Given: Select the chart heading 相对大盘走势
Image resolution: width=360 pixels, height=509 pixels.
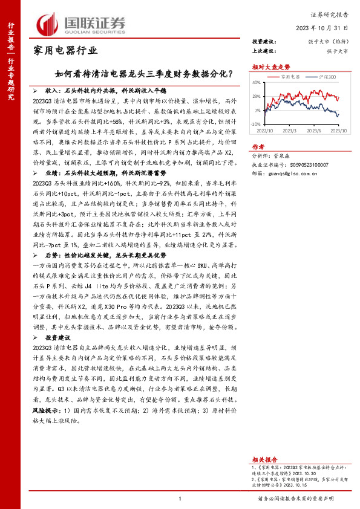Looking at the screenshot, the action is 267,68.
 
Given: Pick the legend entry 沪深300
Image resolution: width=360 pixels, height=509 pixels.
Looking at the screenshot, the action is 327,77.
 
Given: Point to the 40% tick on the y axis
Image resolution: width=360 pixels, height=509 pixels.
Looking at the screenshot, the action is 257,82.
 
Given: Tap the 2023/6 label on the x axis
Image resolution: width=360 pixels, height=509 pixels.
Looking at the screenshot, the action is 315,129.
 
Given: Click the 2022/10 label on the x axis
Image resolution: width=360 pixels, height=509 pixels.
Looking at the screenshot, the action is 266,129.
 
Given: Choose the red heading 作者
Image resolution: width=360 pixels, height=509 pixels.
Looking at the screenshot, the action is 258,146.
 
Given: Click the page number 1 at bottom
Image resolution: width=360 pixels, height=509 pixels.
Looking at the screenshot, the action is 180,498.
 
